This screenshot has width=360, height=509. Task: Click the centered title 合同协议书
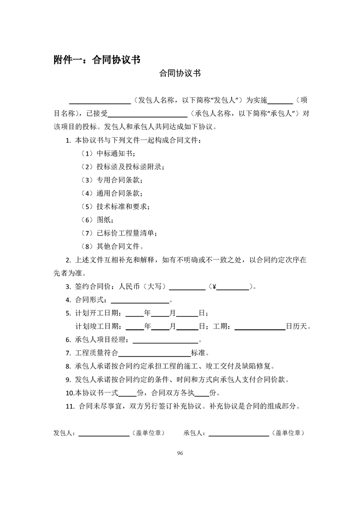(180, 73)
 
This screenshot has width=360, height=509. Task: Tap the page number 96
(180, 453)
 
